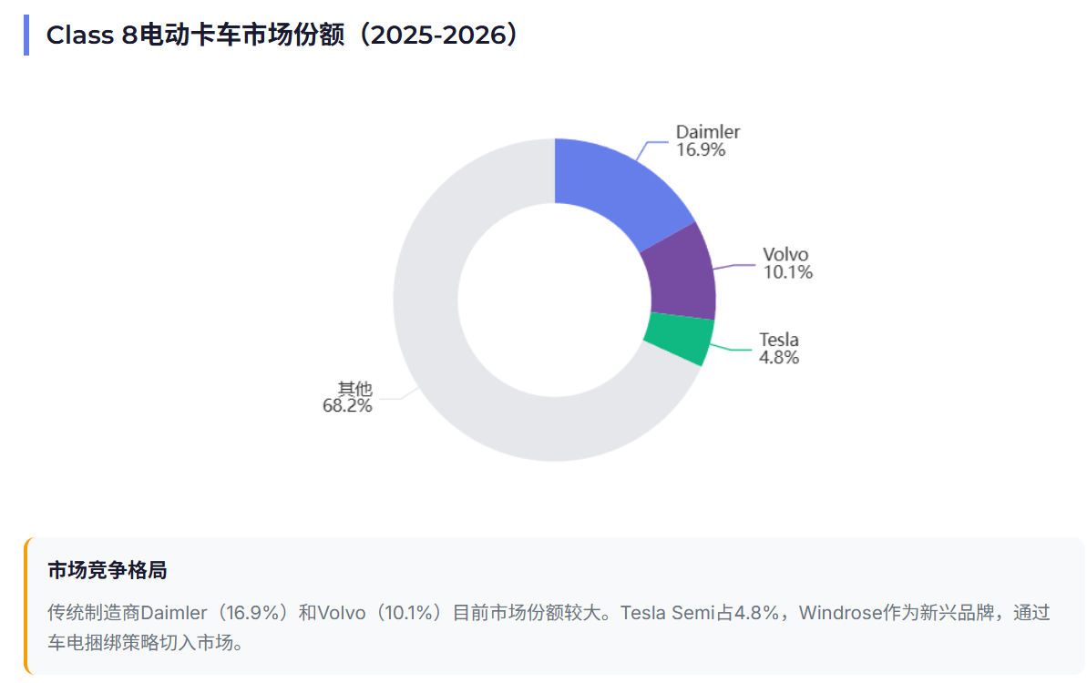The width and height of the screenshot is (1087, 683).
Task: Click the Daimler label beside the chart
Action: point(708,132)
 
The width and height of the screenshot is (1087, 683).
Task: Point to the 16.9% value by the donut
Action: point(701,150)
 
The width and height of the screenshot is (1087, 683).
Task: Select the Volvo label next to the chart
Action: point(785,254)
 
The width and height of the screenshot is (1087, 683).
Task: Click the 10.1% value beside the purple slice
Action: point(787,272)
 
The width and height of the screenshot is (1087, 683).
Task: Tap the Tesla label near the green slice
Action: point(779,340)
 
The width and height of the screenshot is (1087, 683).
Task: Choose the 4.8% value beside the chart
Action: point(779,358)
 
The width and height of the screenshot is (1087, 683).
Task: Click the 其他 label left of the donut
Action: point(354,388)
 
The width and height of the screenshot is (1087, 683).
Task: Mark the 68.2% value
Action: point(347,406)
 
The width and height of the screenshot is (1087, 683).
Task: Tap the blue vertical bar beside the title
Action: point(26,36)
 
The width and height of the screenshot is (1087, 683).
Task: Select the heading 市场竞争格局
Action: point(107,571)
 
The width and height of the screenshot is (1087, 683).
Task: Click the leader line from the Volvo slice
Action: point(734,267)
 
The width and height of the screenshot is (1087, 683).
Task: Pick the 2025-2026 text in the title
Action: point(444,36)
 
